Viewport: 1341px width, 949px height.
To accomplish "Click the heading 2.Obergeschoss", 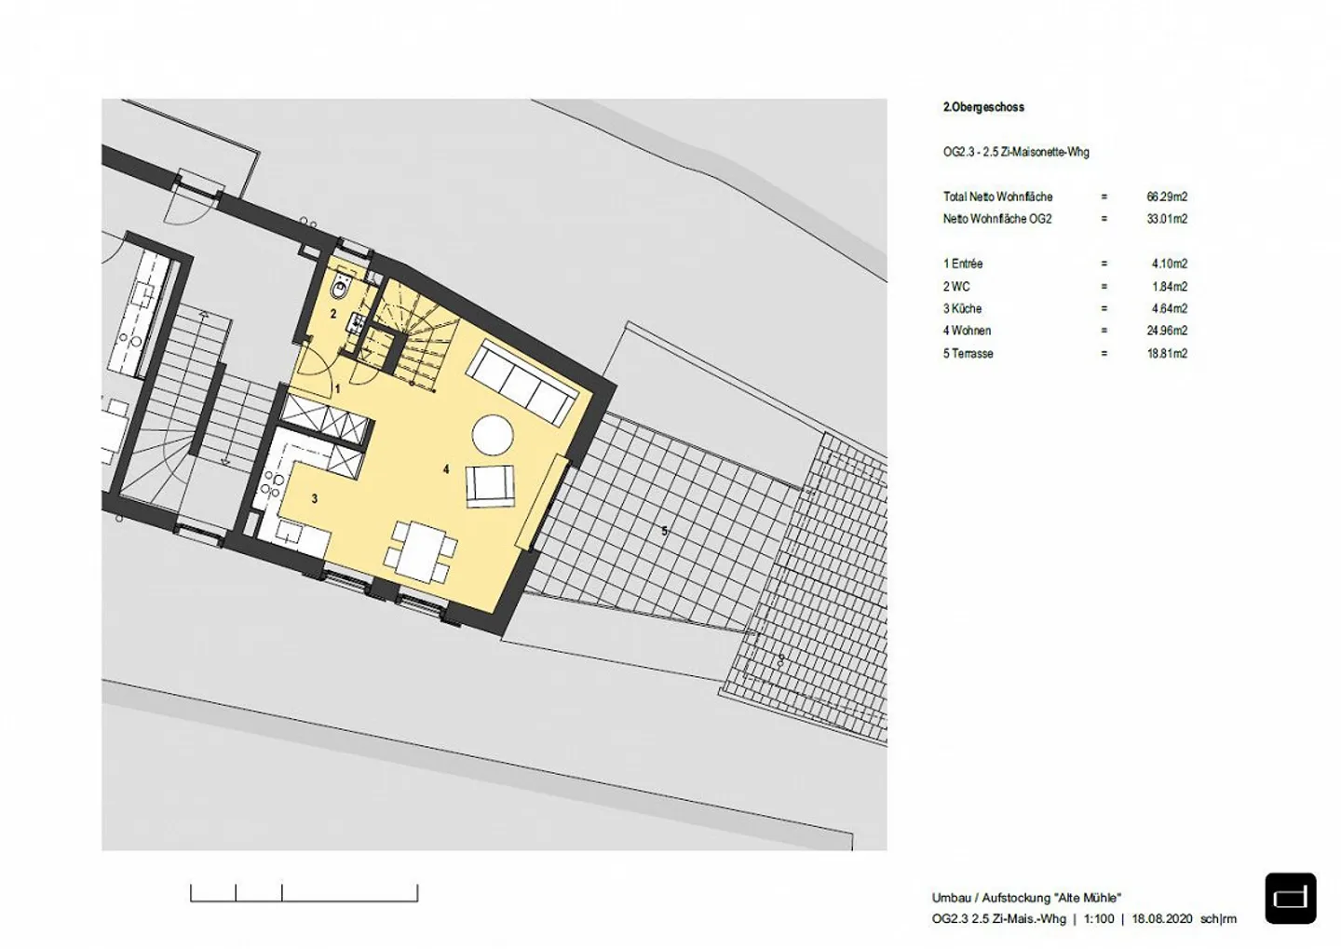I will [983, 107].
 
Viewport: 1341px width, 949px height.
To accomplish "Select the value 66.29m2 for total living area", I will [1167, 197].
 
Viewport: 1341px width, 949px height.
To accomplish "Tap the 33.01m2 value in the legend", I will [1167, 219].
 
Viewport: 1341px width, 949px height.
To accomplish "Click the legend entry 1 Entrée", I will [963, 264].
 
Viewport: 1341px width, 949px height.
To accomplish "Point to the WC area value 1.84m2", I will [1170, 287].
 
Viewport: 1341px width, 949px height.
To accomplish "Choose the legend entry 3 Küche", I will [962, 308].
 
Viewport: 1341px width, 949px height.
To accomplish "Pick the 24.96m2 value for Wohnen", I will [1167, 331].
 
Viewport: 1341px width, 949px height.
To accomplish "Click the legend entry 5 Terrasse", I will [968, 353].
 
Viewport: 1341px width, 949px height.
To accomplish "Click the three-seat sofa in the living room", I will [520, 382].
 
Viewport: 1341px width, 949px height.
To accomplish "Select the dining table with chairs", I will [422, 549].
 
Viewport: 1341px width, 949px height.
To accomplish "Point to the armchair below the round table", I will [491, 485].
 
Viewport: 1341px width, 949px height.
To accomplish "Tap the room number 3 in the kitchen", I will [315, 499].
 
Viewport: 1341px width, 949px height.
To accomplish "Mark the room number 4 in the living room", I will [446, 469].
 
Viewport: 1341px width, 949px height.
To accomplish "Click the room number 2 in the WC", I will [333, 314].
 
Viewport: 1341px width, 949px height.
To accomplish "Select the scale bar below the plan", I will [304, 893].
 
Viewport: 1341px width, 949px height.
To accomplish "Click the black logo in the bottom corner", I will [1291, 898].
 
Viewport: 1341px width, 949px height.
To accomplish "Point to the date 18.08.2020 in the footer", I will [1162, 919].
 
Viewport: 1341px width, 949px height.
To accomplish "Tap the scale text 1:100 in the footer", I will [1099, 919].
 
